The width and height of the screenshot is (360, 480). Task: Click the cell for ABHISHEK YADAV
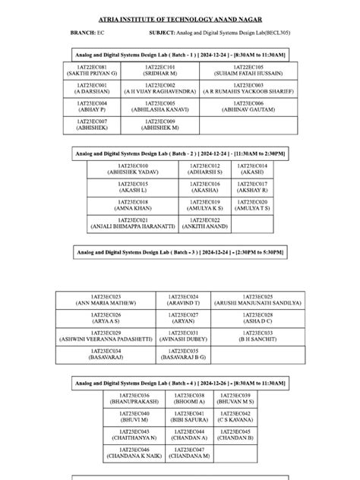point(133,169)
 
